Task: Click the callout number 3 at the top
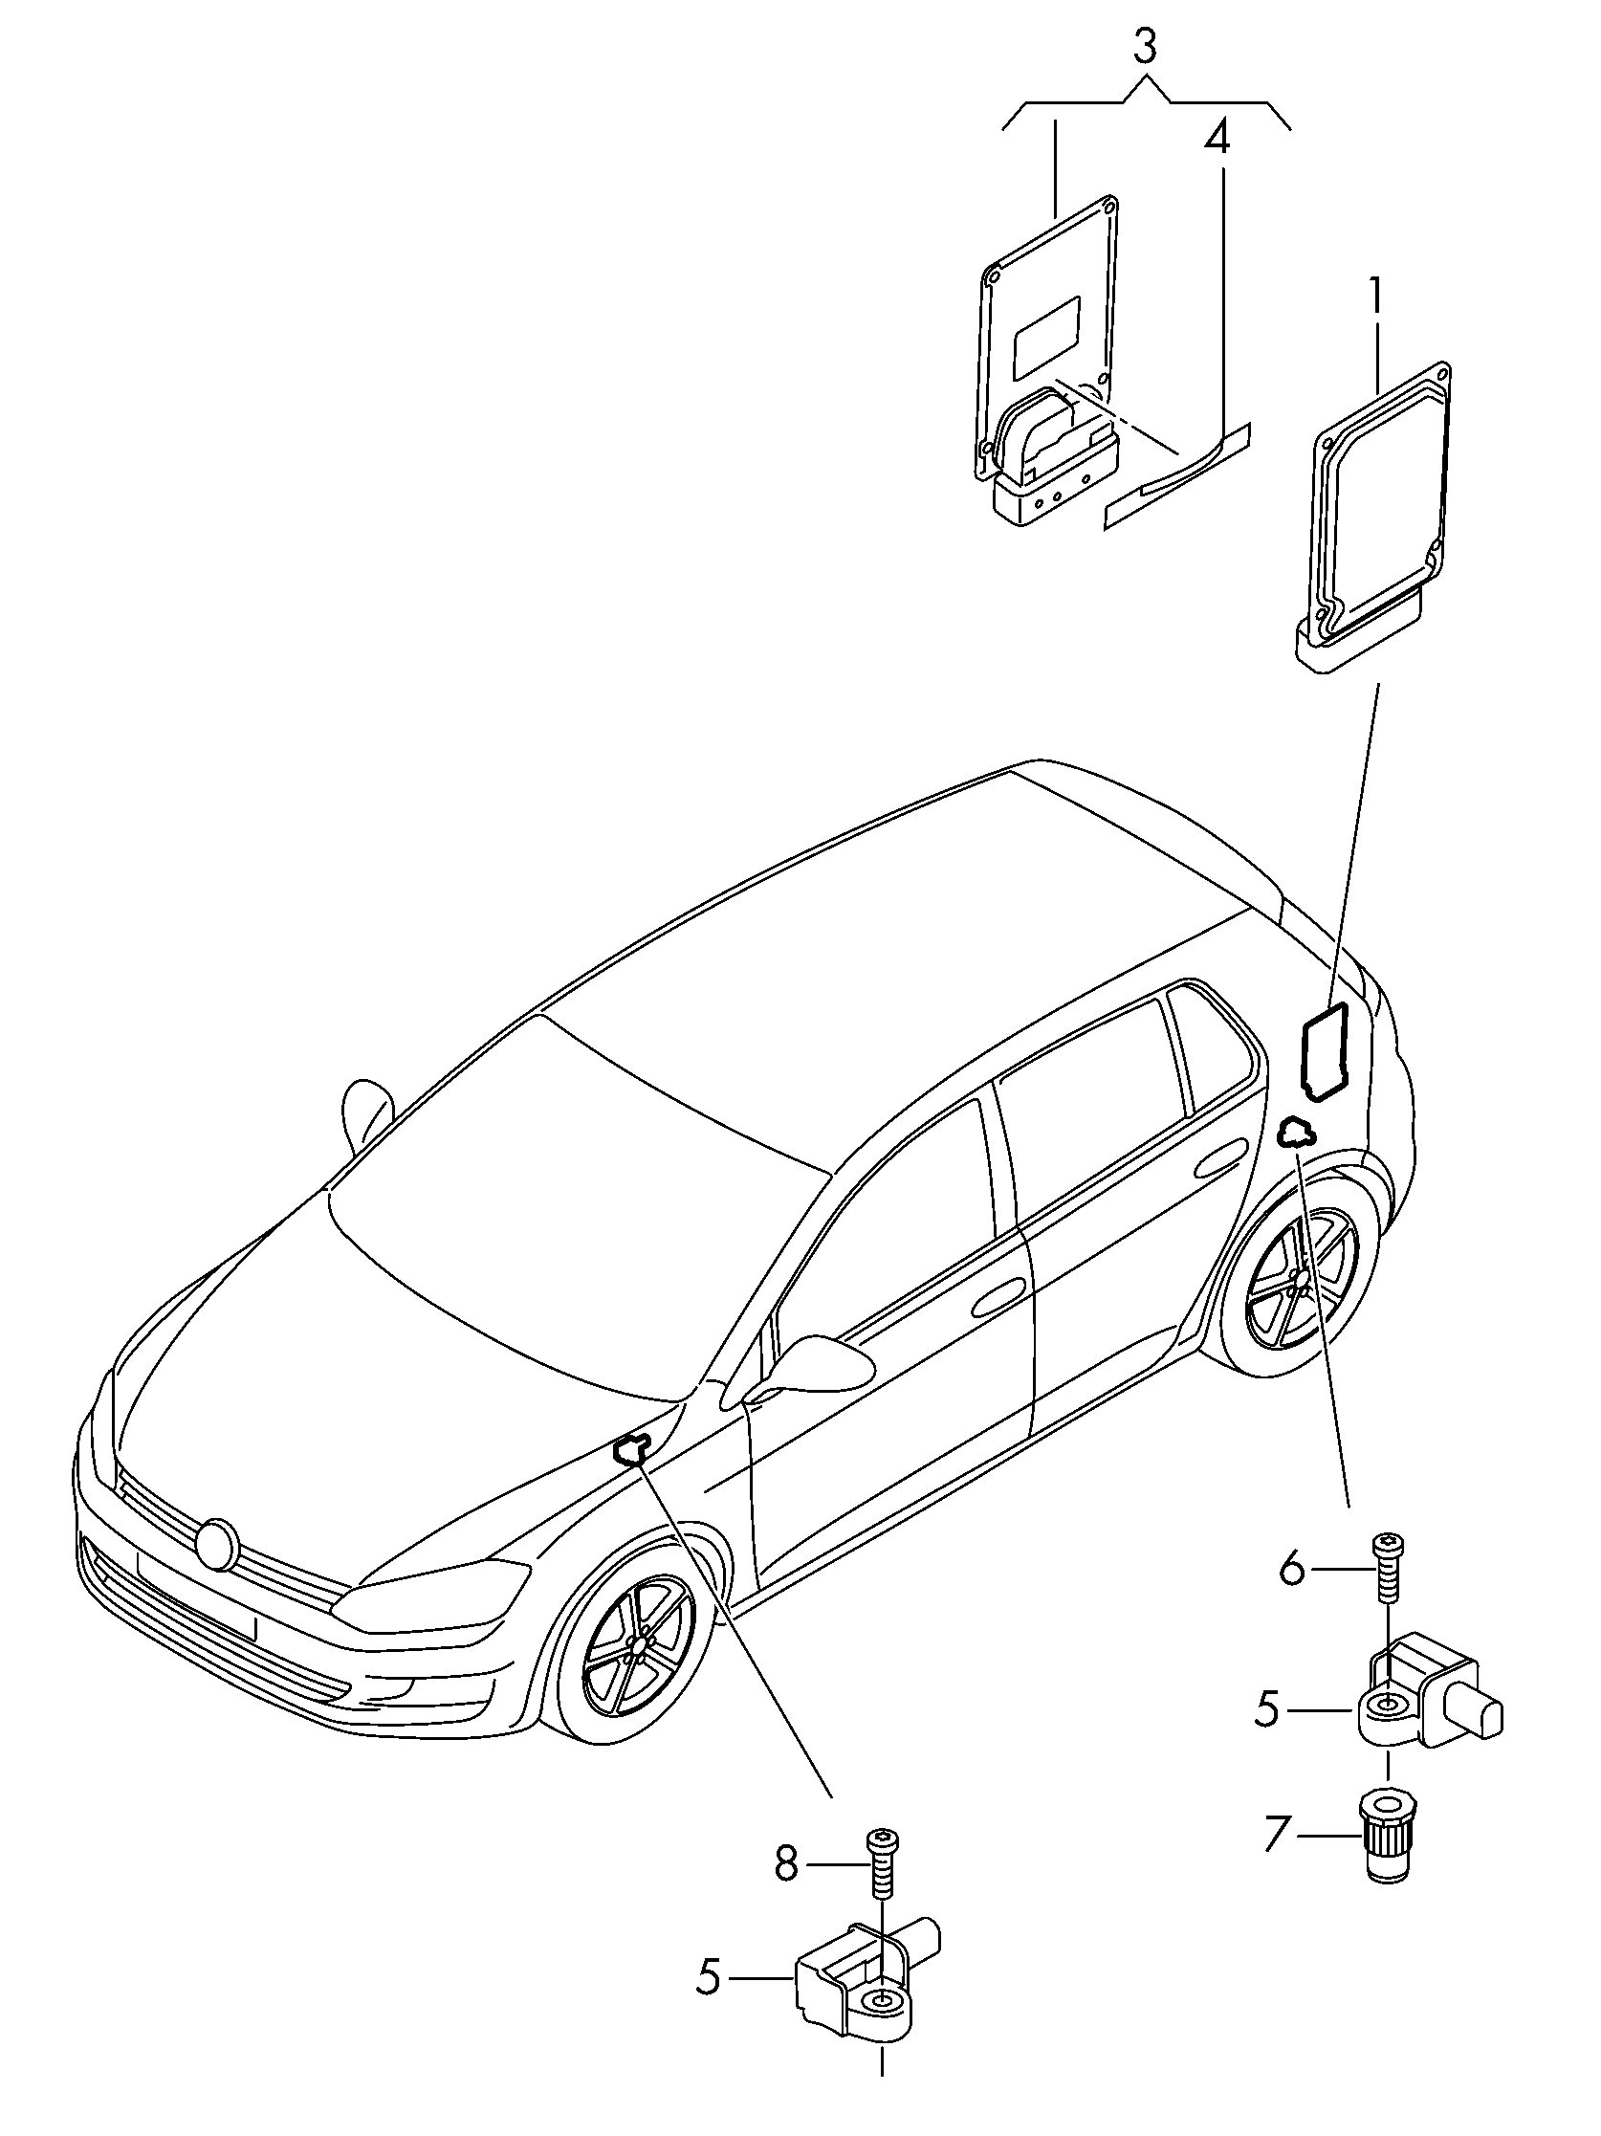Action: [1144, 47]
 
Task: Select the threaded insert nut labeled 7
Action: [1387, 1843]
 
